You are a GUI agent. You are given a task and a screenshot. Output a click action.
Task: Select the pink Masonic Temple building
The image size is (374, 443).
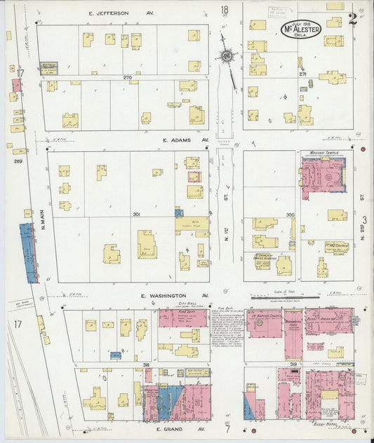pos(323,175)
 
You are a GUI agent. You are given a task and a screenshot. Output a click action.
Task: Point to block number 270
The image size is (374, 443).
pos(127,77)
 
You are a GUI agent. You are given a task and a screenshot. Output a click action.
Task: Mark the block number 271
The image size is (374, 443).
pos(302,74)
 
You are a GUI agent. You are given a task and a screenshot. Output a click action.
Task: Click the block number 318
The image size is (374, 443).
pos(146,365)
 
